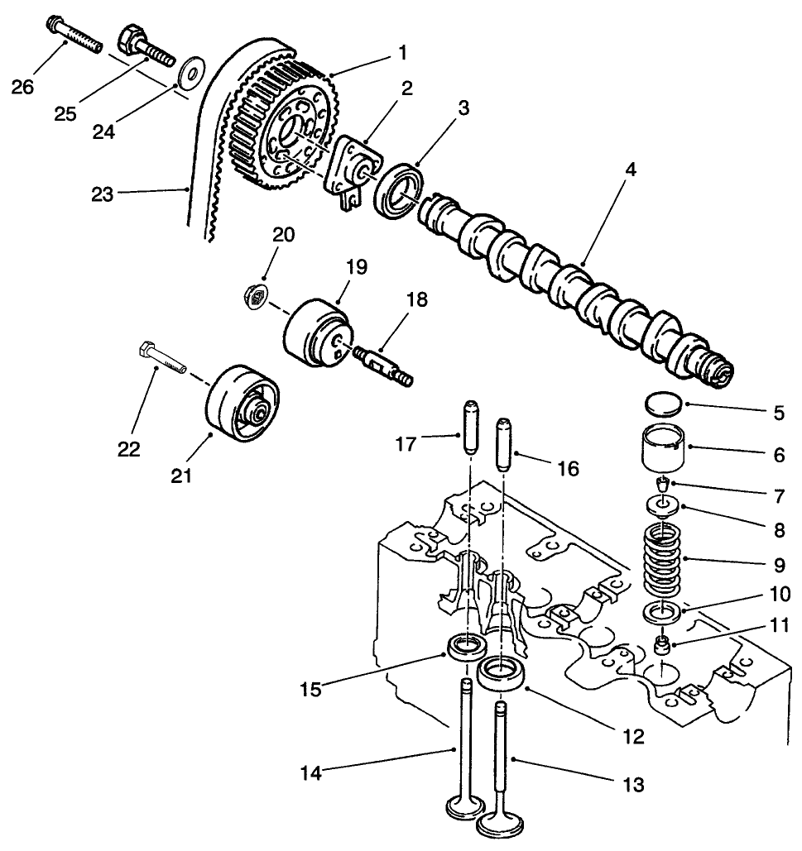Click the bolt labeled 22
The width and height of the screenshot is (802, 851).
pyautogui.click(x=162, y=357)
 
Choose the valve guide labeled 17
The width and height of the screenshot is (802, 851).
pyautogui.click(x=468, y=427)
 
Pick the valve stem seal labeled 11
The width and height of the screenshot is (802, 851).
pyautogui.click(x=663, y=644)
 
